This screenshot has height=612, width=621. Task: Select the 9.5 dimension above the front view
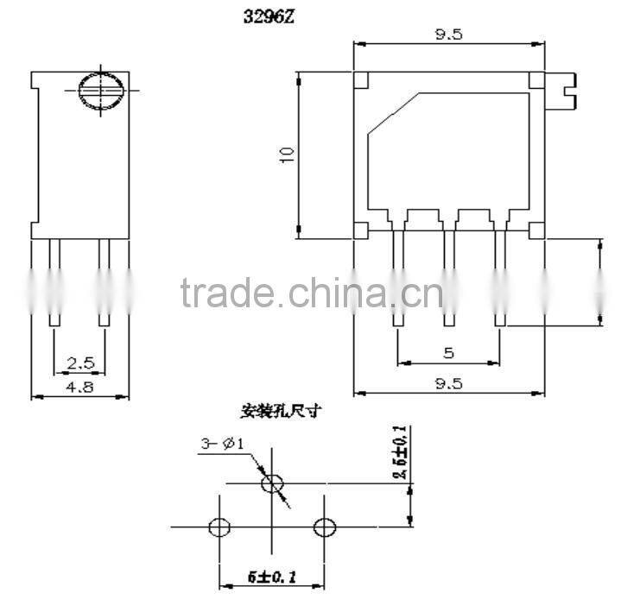click(449, 35)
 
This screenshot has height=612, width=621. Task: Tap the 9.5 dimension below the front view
click(449, 384)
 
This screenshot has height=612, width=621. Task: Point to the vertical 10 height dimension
click(288, 154)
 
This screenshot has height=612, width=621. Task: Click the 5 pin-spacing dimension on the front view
click(448, 353)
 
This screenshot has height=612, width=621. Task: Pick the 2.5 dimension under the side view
click(79, 363)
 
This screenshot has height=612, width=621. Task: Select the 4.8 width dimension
click(79, 388)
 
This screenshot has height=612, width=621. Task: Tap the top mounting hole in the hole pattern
click(272, 484)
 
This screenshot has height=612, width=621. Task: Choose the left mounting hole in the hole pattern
click(219, 527)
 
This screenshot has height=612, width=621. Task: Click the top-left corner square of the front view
click(362, 81)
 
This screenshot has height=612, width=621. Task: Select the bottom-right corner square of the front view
click(536, 230)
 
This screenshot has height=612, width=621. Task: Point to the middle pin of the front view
click(448, 276)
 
